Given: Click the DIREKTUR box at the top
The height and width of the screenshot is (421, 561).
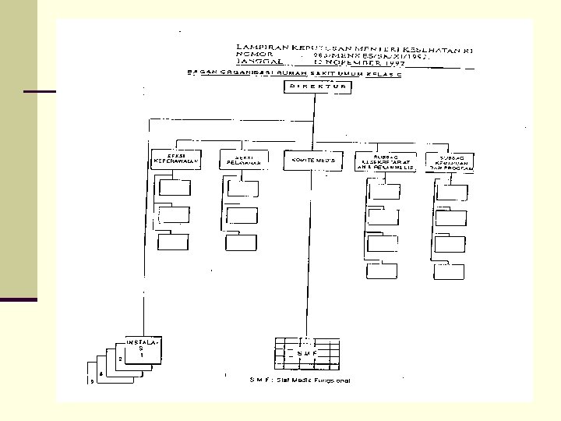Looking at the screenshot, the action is point(317,87).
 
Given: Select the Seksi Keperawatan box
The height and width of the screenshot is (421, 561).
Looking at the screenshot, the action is point(173,160).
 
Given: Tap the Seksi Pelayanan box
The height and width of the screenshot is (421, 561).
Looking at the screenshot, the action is point(243,160).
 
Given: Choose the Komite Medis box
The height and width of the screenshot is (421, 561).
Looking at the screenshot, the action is point(309,160).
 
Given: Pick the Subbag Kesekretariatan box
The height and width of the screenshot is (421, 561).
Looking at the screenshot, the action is point(385,161).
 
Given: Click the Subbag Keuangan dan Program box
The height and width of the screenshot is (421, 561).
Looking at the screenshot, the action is point(452,161).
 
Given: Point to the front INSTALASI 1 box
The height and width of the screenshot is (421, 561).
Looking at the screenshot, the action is point(144,350).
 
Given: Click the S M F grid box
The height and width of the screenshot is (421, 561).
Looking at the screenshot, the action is point(307,353).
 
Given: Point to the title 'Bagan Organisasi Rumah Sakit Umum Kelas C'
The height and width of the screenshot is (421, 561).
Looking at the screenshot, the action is point(288,73).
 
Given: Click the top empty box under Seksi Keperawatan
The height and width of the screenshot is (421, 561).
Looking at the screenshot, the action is point(174,186).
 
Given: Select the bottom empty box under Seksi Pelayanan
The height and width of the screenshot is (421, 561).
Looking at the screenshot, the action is point(242,242).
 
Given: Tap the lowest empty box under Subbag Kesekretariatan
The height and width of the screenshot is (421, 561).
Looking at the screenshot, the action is point(383,271).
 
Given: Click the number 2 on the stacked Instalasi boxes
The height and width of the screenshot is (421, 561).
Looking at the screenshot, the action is point(120,359).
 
